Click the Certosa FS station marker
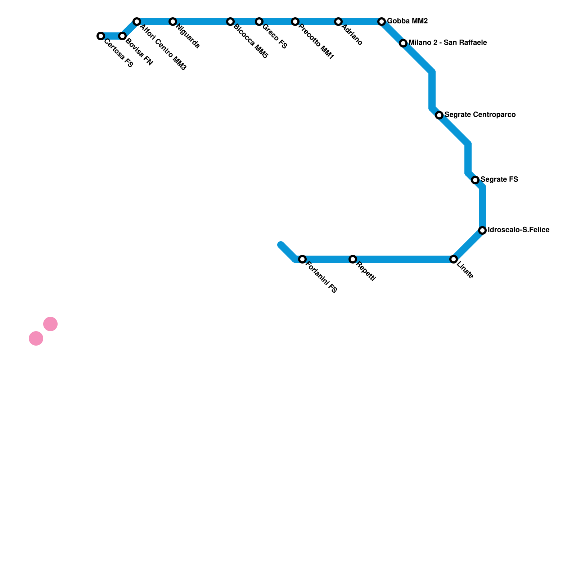point(101,36)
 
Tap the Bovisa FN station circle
point(122,36)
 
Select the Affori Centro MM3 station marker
point(137,22)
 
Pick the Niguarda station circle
point(173,22)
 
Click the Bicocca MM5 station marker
point(230,22)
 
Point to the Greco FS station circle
point(259,22)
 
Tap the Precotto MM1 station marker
point(295,22)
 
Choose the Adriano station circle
point(338,22)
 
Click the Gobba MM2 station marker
point(382,22)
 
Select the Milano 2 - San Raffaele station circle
point(403,43)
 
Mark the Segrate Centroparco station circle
point(439,115)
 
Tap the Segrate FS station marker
point(475,180)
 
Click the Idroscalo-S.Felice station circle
point(482,230)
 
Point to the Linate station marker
point(454,259)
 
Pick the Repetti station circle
point(353,259)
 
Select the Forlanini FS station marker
point(302,259)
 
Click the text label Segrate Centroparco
point(480,115)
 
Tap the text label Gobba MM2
point(407,21)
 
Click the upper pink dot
point(50,324)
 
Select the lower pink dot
point(36,338)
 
